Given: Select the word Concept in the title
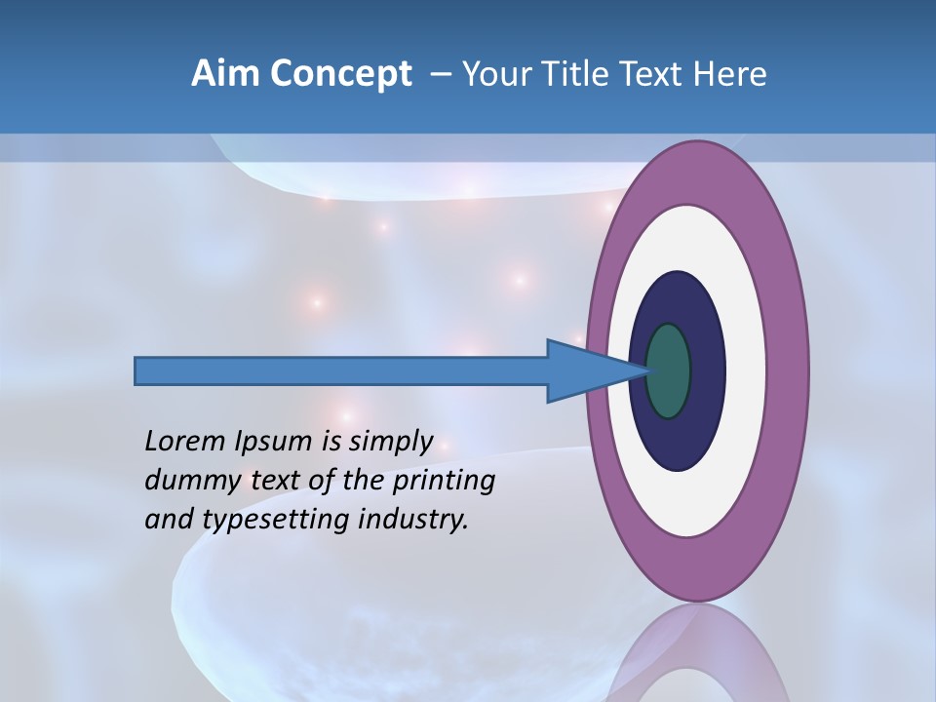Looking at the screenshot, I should point(341,75).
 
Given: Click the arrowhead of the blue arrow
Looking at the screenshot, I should point(585,370).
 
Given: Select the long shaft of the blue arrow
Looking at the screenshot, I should point(341,370).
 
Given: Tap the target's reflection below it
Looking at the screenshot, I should point(697,658).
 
